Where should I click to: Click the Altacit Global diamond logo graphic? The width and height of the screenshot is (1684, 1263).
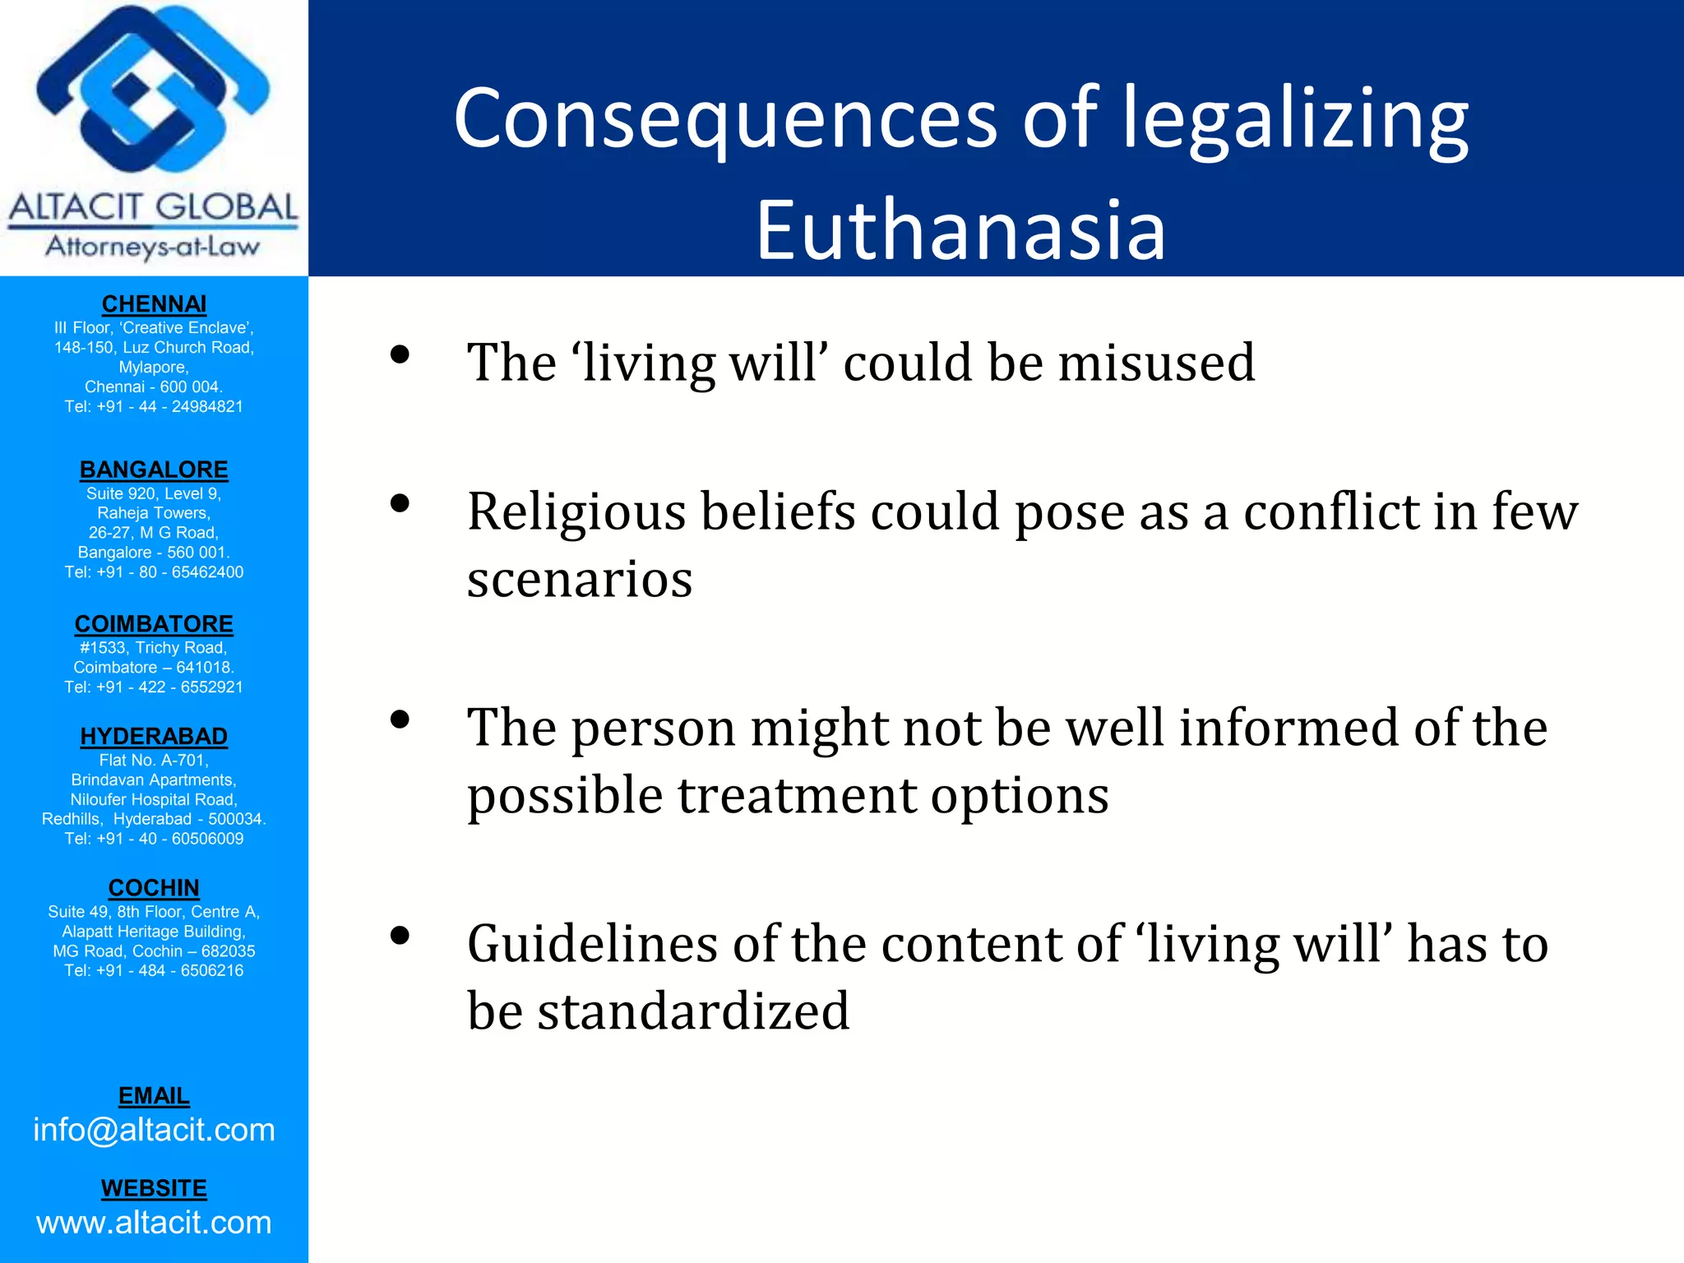pyautogui.click(x=153, y=95)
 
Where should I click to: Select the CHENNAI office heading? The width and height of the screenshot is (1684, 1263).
pyautogui.click(x=154, y=304)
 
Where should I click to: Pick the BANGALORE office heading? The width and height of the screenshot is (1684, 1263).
pyautogui.click(x=154, y=470)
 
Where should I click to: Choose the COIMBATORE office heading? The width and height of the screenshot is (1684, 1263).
pyautogui.click(x=154, y=624)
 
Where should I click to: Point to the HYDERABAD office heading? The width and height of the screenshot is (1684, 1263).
pyautogui.click(x=154, y=736)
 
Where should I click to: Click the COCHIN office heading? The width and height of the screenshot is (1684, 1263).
pyautogui.click(x=154, y=888)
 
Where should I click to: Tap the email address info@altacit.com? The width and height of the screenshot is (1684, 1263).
pyautogui.click(x=154, y=1131)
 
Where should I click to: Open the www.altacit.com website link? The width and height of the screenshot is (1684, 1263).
pyautogui.click(x=154, y=1223)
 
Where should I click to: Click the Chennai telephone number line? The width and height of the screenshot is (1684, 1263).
pyautogui.click(x=154, y=406)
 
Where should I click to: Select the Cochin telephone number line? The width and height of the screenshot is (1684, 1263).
pyautogui.click(x=154, y=970)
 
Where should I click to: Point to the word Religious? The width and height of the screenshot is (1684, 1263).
pyautogui.click(x=576, y=512)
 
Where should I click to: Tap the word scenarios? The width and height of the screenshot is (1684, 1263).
pyautogui.click(x=580, y=580)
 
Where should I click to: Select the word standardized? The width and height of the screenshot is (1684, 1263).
pyautogui.click(x=693, y=1011)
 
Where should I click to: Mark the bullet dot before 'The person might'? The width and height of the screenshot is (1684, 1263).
pyautogui.click(x=400, y=720)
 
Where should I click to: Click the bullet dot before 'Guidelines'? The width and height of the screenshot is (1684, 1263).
pyautogui.click(x=400, y=936)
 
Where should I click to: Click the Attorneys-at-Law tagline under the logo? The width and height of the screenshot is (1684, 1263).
pyautogui.click(x=153, y=246)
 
